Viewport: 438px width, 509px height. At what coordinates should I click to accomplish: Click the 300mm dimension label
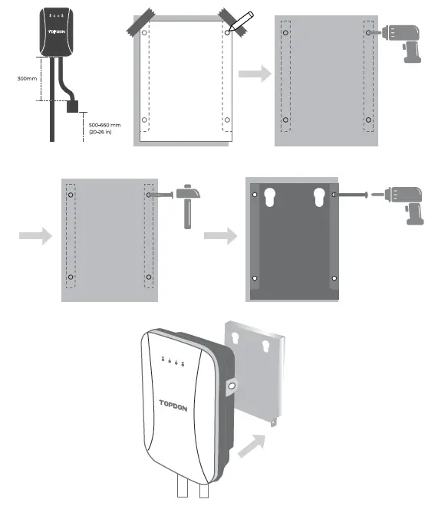click(x=27, y=78)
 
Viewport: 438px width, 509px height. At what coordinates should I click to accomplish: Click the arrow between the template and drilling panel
click(x=253, y=75)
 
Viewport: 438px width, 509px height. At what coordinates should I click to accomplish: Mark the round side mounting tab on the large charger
click(x=231, y=387)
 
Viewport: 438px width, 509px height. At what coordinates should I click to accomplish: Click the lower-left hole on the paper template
click(x=143, y=120)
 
